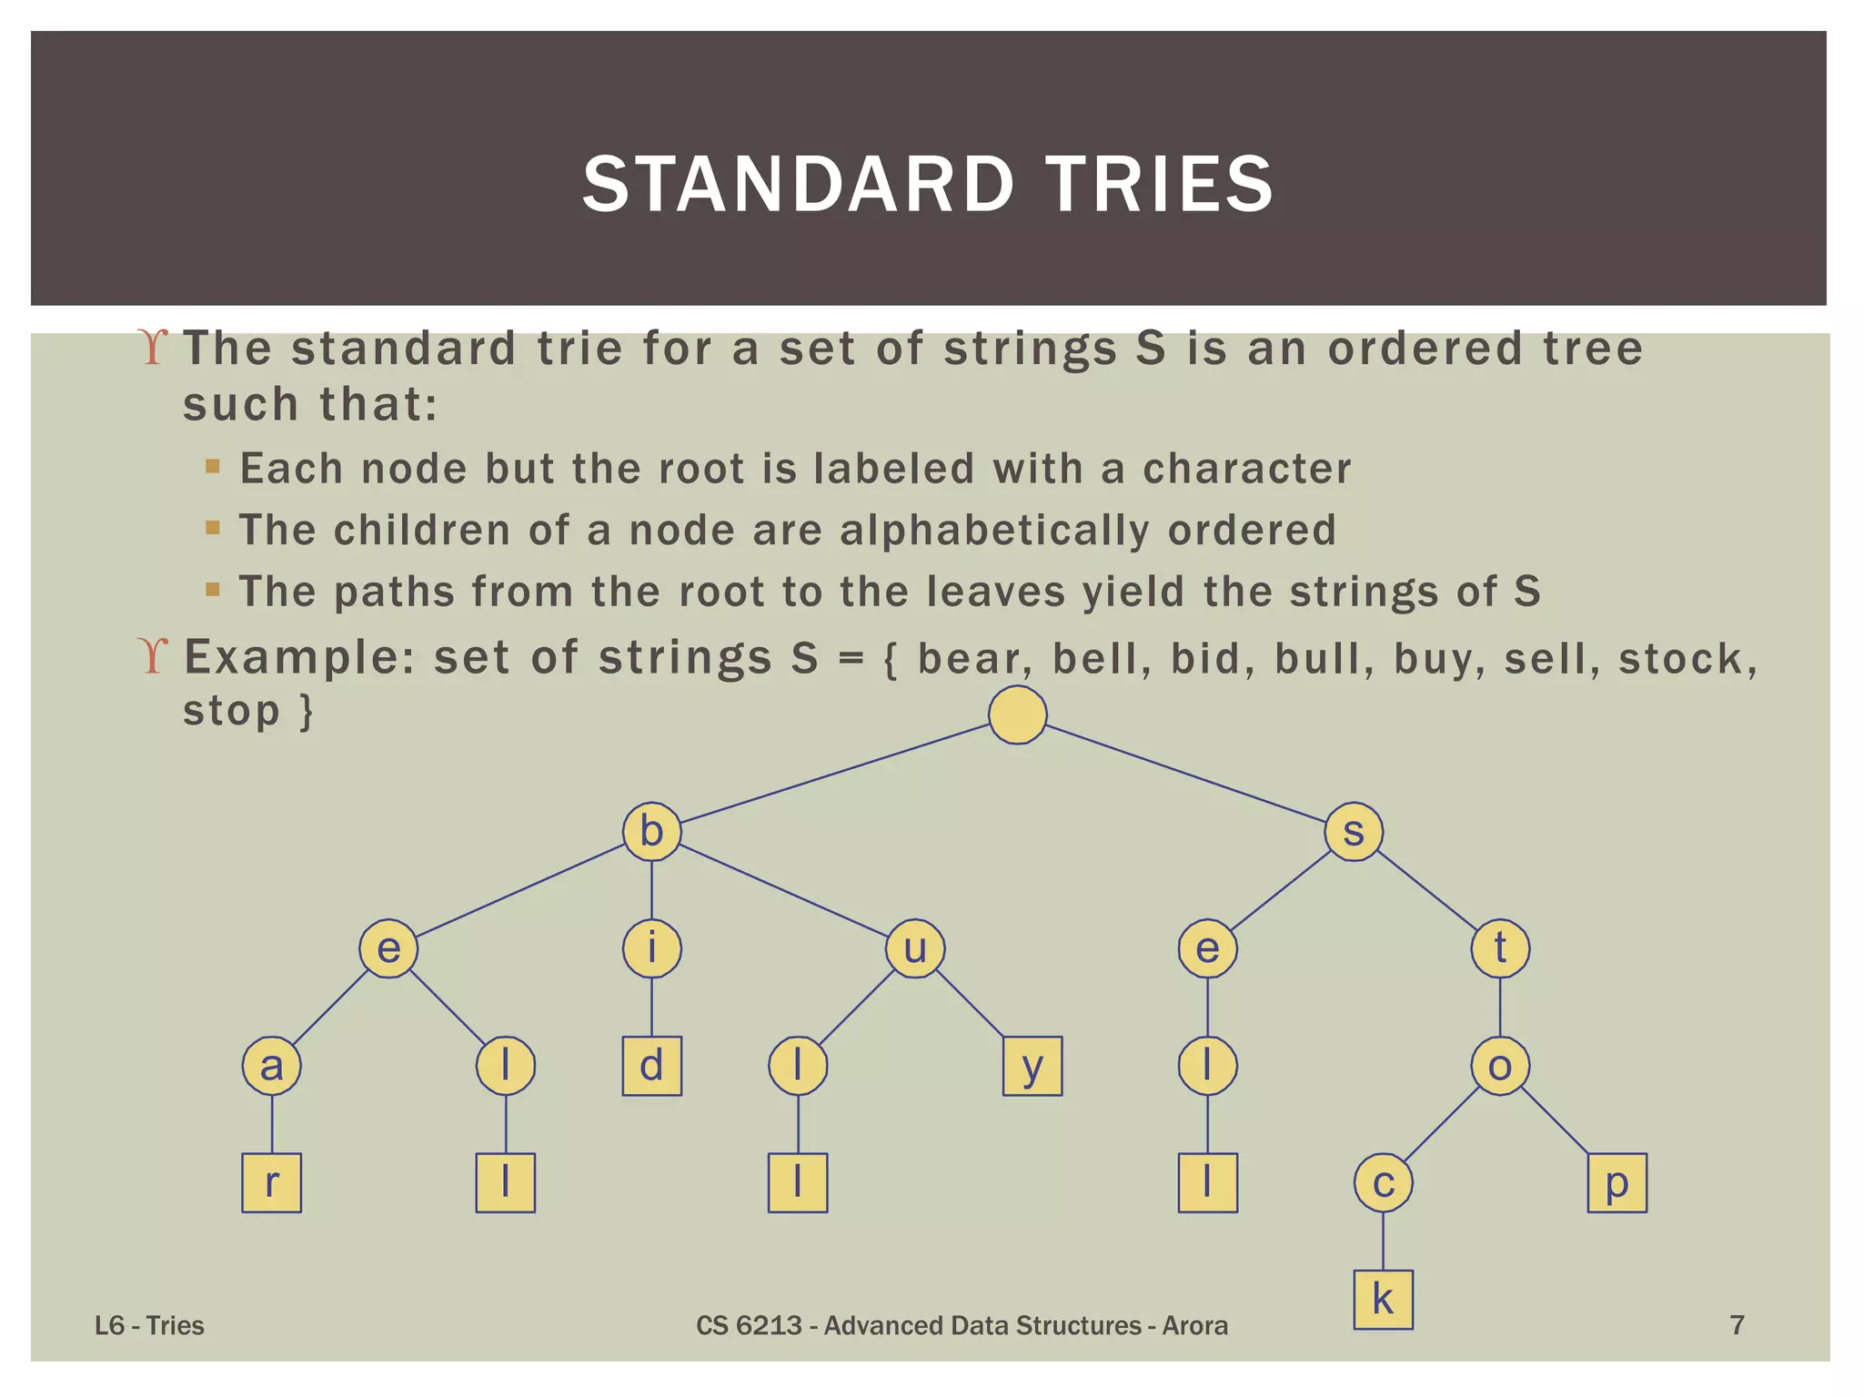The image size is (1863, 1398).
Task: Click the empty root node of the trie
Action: click(x=1017, y=714)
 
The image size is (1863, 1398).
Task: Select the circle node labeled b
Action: click(x=651, y=832)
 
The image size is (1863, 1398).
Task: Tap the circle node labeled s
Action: click(x=1354, y=832)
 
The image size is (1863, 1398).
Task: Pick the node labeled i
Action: click(x=651, y=948)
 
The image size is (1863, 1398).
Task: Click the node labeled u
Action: click(x=915, y=948)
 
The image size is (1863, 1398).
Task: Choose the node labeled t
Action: click(x=1500, y=948)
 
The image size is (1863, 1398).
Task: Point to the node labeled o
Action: click(x=1500, y=1066)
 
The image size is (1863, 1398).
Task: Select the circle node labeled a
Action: click(x=271, y=1066)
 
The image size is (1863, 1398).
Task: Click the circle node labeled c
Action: click(x=1383, y=1183)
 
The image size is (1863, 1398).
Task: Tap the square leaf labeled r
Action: click(x=271, y=1183)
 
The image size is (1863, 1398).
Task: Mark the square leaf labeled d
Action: click(x=651, y=1066)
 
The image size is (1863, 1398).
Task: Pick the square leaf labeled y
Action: click(x=1032, y=1066)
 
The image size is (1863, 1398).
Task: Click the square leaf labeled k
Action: click(x=1383, y=1300)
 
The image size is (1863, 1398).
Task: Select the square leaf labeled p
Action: click(x=1616, y=1183)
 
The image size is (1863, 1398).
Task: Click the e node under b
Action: click(x=388, y=948)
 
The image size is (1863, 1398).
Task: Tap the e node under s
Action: click(x=1207, y=948)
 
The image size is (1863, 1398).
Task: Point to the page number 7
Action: click(x=1737, y=1325)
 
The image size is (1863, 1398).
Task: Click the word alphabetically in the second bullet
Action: click(x=994, y=530)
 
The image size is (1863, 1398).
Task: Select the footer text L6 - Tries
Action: click(x=150, y=1325)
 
